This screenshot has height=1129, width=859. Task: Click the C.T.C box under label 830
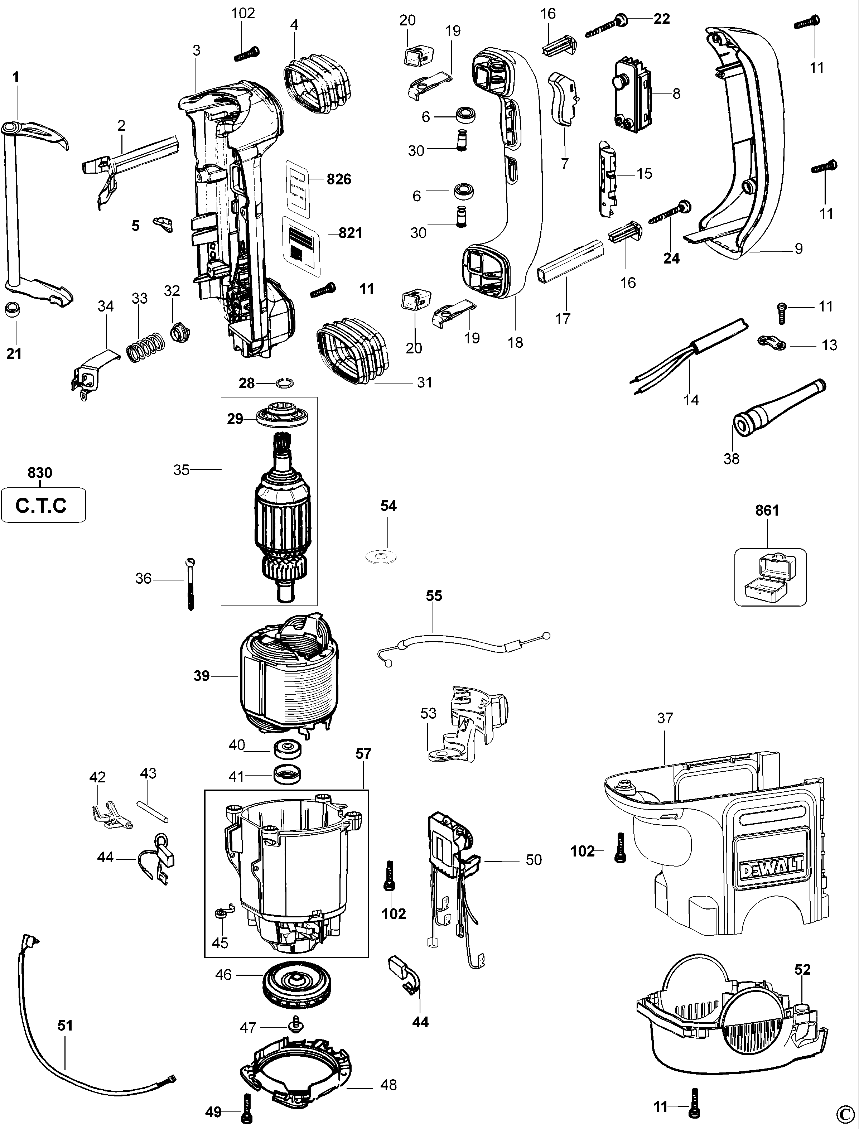[x=43, y=505]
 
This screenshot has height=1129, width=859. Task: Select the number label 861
[x=767, y=510]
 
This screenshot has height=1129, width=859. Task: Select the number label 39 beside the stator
[x=202, y=676]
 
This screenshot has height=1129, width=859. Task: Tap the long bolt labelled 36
[x=191, y=583]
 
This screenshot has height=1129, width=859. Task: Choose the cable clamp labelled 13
[x=772, y=343]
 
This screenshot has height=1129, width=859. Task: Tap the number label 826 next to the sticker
[x=339, y=179]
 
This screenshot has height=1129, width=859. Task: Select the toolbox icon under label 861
[x=770, y=578]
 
